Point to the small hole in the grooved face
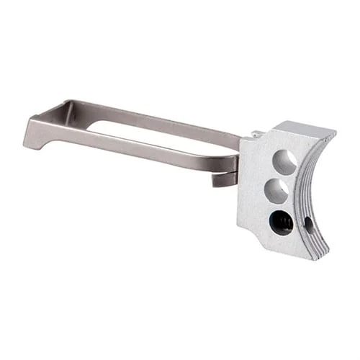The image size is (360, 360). (x=310, y=224)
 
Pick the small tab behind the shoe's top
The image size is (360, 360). (x=256, y=134)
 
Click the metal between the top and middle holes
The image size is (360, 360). (x=280, y=176)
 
